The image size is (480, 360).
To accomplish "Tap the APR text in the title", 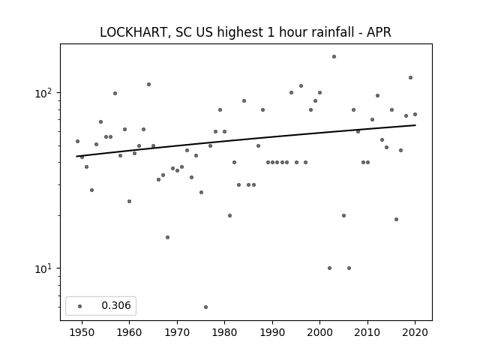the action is [379, 32].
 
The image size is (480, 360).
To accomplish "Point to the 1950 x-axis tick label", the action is [82, 332].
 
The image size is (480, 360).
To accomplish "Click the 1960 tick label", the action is [129, 332].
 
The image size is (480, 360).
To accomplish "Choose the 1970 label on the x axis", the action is [177, 332].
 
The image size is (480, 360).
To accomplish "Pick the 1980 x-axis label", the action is [224, 332].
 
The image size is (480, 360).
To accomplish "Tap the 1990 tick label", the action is [272, 332].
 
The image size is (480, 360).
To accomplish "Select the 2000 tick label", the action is [319, 332].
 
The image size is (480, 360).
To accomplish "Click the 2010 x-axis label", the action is [367, 332].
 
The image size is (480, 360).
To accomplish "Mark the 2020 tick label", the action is [415, 332].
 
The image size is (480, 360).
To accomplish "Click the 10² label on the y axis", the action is [43, 93].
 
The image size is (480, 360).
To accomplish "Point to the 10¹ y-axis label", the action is [43, 268].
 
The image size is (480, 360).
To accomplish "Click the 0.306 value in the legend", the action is [116, 305].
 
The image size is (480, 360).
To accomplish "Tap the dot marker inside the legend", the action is [80, 306].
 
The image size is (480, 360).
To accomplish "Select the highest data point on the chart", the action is [334, 57].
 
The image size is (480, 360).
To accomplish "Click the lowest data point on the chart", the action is [205, 307].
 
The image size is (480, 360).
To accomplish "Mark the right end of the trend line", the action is [415, 125].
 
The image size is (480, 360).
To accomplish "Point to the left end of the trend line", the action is [76, 157].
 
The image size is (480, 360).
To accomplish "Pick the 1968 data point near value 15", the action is [167, 237].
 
